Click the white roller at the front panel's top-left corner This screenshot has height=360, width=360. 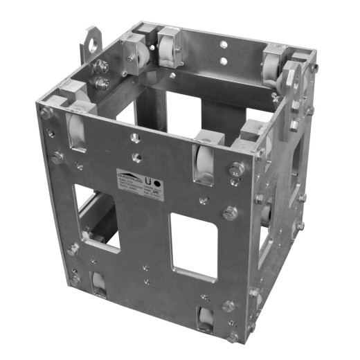tap(74, 129)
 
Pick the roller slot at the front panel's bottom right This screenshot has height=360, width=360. tap(205, 319)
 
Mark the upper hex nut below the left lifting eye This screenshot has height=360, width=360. tap(102, 66)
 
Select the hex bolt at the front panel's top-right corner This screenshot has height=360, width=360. tap(237, 168)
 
